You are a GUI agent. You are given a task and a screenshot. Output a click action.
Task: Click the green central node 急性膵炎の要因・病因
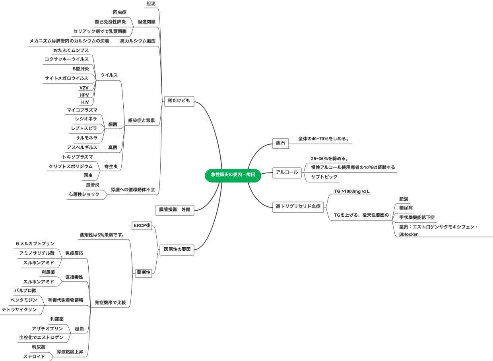click(233, 175)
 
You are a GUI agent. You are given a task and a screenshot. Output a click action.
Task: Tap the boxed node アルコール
click(287, 173)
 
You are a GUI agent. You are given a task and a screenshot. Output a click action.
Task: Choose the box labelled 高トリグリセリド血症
click(298, 206)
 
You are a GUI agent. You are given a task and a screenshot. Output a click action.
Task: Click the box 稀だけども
click(179, 101)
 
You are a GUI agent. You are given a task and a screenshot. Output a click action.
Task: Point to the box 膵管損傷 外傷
click(175, 210)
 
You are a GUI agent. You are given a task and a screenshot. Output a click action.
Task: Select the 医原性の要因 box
click(177, 250)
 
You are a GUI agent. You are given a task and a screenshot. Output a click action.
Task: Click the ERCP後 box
click(142, 226)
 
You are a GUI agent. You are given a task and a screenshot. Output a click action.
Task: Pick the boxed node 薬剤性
click(144, 272)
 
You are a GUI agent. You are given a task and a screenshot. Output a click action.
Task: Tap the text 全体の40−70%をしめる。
click(324, 139)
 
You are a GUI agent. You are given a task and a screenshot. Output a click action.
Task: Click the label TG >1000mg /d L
click(352, 191)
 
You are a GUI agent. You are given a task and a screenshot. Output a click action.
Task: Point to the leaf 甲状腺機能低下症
click(417, 217)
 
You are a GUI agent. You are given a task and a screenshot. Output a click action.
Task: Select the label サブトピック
click(324, 177)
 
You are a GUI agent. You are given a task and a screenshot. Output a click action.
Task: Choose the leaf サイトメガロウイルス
click(66, 78)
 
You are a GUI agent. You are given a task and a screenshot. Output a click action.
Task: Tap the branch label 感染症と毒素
click(141, 120)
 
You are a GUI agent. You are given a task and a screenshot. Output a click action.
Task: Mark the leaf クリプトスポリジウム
click(70, 167)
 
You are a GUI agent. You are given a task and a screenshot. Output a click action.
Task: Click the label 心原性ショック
click(84, 194)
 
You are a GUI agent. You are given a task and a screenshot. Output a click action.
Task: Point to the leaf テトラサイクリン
click(19, 309)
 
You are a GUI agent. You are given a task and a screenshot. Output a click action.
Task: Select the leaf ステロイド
click(34, 357)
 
